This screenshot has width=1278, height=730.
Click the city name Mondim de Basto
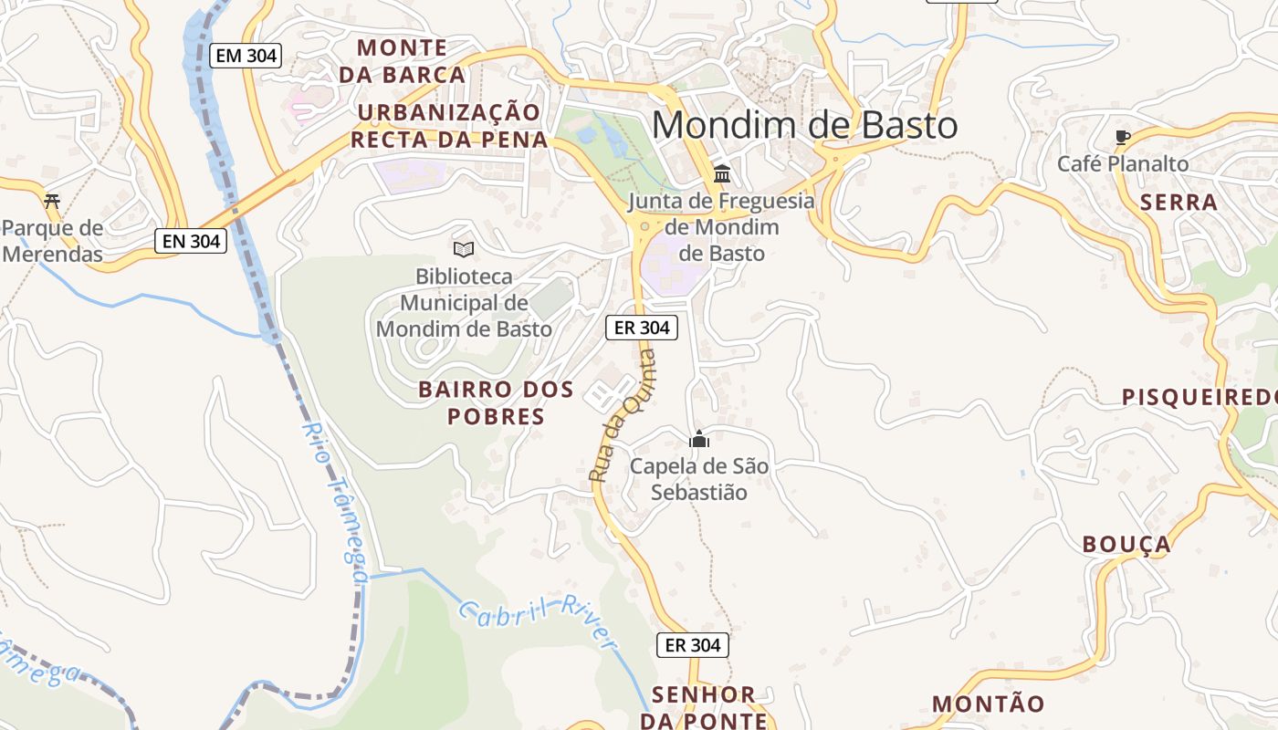pos(804,125)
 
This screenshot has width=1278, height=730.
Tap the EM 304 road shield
pos(245,56)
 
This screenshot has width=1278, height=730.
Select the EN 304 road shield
pos(190,241)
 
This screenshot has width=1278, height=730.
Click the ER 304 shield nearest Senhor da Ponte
pos(693,645)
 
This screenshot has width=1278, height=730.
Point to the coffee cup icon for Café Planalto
pos(1122,138)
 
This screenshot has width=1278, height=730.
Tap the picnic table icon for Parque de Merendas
pos(52,200)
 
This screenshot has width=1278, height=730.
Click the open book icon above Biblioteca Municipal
pos(464,249)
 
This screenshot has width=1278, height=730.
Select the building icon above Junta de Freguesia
pos(722,173)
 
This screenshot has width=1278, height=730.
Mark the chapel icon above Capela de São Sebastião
pos(699,439)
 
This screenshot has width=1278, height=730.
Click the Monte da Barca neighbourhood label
pos(403,61)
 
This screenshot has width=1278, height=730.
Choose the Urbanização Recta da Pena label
pos(449,126)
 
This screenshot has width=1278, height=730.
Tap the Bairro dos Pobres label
pos(496,403)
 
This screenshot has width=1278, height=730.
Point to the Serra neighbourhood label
pos(1179,203)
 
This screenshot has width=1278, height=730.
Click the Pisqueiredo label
pos(1199,397)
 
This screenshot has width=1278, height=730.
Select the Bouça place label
pos(1126,545)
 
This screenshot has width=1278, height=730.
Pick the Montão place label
pos(988,704)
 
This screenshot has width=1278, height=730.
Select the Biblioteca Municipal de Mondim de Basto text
pos(464,302)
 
